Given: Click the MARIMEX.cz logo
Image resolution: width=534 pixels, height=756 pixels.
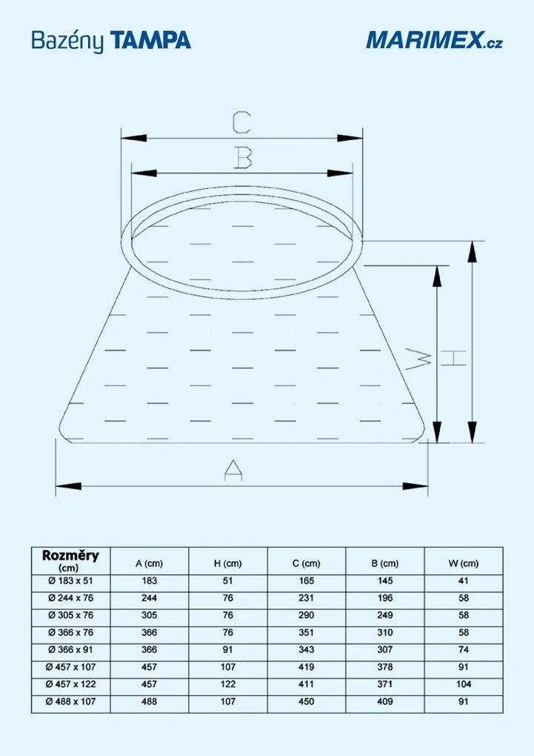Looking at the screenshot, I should (435, 39).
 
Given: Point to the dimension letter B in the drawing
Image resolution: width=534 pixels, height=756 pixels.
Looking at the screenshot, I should (242, 157).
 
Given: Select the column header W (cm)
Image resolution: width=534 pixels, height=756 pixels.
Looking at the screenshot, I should (463, 563).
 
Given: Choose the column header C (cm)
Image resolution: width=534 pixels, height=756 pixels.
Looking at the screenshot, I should (307, 563).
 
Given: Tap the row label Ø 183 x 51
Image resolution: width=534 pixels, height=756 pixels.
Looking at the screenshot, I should (70, 580).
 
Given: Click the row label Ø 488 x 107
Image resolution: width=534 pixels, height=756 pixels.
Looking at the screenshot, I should (70, 701).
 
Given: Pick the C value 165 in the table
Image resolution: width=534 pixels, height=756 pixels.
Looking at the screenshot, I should (307, 580).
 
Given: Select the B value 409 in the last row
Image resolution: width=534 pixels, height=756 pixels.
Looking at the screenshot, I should (384, 701).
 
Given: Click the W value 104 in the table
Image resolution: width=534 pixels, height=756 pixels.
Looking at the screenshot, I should (463, 684).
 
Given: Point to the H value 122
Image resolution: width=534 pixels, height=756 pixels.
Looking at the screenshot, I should (228, 684).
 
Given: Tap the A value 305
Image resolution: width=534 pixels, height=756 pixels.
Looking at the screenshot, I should (149, 615).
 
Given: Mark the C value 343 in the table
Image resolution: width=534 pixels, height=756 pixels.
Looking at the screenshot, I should (307, 649).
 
